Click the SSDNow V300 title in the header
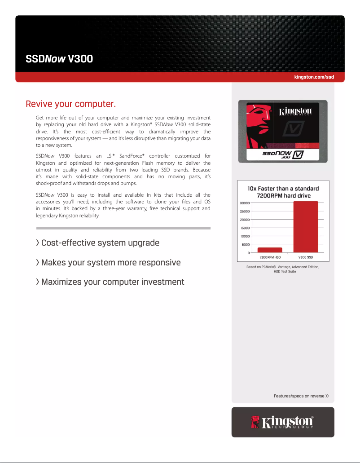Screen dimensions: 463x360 pyautogui.click(x=59, y=59)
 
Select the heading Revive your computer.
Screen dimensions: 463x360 pyautogui.click(x=71, y=105)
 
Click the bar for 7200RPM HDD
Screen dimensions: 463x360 pyautogui.click(x=270, y=250)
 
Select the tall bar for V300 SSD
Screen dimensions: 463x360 pyautogui.click(x=305, y=227)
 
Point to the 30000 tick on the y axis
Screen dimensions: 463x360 pyautogui.click(x=244, y=203)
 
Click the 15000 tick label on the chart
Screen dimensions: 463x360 pyautogui.click(x=244, y=228)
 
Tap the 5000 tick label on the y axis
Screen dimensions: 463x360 pyautogui.click(x=245, y=244)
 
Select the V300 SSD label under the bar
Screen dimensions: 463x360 pyautogui.click(x=305, y=258)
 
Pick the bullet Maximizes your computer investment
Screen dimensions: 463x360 pyautogui.click(x=110, y=282)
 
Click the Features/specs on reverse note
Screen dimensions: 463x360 pyautogui.click(x=301, y=396)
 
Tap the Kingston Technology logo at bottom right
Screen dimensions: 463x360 pyautogui.click(x=283, y=422)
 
